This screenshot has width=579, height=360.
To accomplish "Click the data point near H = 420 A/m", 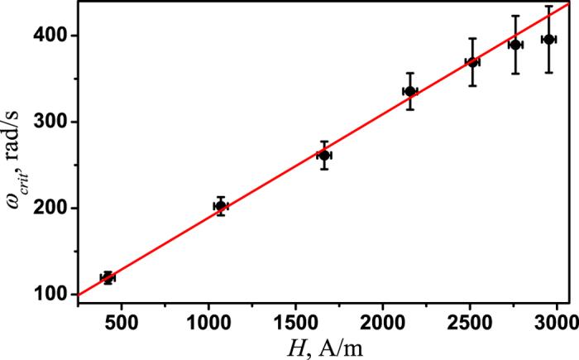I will click(x=107, y=278).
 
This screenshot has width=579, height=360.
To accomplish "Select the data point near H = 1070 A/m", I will click(x=221, y=206).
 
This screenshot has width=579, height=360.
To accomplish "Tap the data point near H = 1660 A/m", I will click(x=324, y=156).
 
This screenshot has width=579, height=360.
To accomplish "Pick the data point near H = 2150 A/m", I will click(x=409, y=91).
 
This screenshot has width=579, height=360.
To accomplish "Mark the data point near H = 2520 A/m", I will click(x=473, y=62).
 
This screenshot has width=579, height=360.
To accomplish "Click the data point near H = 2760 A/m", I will click(x=515, y=45).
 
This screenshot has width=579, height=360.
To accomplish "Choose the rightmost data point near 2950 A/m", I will click(x=548, y=39).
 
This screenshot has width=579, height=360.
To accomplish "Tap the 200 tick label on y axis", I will click(x=55, y=209).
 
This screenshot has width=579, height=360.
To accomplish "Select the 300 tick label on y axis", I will click(x=55, y=122).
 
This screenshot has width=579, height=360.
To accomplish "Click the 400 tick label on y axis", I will click(x=55, y=36).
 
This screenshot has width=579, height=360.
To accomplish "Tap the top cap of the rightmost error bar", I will click(x=548, y=6).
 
